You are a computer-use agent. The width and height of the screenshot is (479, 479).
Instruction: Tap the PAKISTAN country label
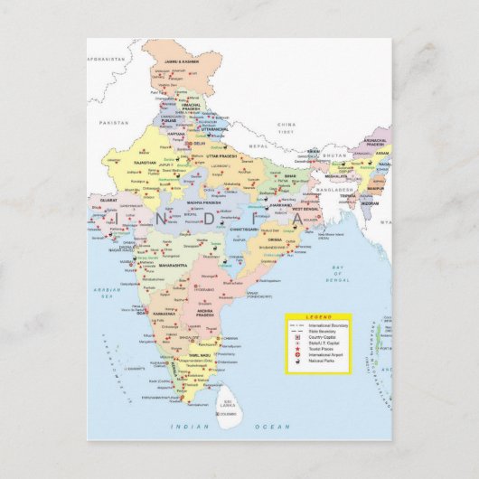click(x=115, y=121)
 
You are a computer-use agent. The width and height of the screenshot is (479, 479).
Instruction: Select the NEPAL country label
click(x=259, y=146)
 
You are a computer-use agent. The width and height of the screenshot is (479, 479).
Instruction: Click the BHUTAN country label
click(x=334, y=155)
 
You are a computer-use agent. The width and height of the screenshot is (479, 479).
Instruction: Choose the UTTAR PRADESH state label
click(x=221, y=156)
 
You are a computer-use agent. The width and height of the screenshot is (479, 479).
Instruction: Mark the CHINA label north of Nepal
click(x=286, y=124)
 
